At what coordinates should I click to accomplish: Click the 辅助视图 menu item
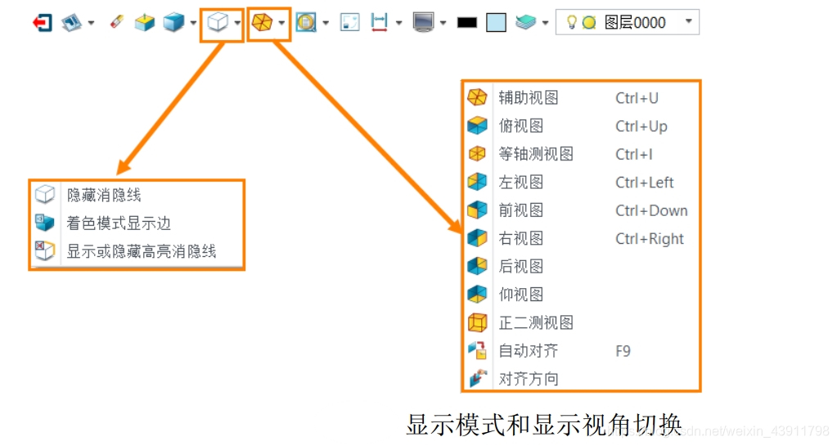click(529, 98)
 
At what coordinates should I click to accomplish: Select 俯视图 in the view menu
click(521, 126)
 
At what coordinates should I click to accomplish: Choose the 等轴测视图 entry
click(536, 154)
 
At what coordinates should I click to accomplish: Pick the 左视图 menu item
click(521, 182)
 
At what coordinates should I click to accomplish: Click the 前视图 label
click(521, 210)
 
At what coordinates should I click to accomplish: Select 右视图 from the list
click(521, 238)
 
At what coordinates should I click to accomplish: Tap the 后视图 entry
click(521, 266)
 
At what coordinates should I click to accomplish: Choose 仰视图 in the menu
click(521, 294)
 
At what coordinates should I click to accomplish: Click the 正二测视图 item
click(536, 322)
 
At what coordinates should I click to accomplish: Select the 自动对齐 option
click(529, 350)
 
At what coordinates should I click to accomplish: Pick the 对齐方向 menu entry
click(529, 379)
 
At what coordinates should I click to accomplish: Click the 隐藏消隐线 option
click(104, 195)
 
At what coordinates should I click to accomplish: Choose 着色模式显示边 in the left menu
click(119, 223)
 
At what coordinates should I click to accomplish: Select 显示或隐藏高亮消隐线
click(142, 251)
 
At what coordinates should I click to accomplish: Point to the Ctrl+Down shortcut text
click(651, 210)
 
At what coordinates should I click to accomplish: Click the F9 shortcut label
click(623, 350)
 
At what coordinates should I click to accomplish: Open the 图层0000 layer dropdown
click(688, 22)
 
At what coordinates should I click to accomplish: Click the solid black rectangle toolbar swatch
click(466, 23)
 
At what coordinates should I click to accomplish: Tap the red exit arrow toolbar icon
click(42, 23)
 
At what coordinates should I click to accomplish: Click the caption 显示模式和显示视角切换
click(543, 424)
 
